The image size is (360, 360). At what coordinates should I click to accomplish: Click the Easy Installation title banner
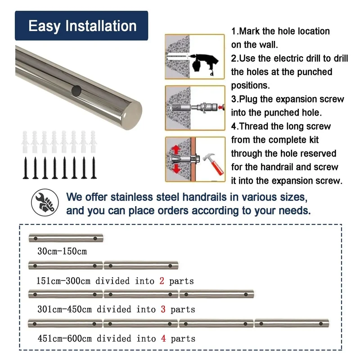(x=81, y=26)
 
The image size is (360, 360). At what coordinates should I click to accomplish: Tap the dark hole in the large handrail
(x=76, y=91)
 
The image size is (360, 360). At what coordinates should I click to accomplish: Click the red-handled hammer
(x=213, y=164)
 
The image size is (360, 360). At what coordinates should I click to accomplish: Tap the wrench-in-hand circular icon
(x=45, y=202)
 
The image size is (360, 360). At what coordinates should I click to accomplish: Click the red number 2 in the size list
(x=162, y=281)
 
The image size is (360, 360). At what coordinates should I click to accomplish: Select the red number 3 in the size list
(x=163, y=309)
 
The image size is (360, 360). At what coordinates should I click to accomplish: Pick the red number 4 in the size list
(x=163, y=338)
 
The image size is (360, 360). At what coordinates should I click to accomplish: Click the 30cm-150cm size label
(x=62, y=251)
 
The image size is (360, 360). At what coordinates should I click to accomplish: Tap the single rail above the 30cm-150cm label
(x=66, y=238)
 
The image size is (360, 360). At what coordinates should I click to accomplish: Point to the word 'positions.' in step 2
(x=251, y=86)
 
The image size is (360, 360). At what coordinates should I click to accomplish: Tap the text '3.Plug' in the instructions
(x=244, y=99)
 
